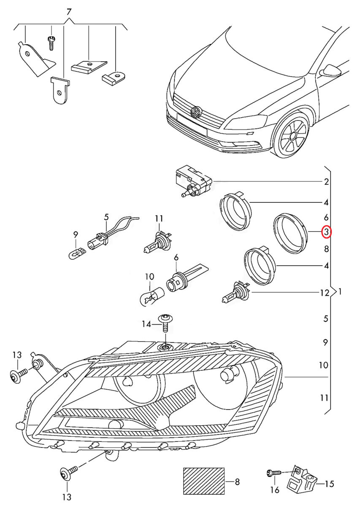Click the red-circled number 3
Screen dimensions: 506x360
[327, 232]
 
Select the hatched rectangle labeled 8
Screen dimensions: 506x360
[204, 481]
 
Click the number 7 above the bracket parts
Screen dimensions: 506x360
[69, 11]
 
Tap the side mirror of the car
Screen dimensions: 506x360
[330, 70]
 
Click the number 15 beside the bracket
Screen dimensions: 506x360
[329, 484]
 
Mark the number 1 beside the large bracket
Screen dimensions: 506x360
[340, 291]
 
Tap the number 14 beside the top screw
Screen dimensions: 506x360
[146, 324]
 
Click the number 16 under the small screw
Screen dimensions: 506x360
[275, 490]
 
